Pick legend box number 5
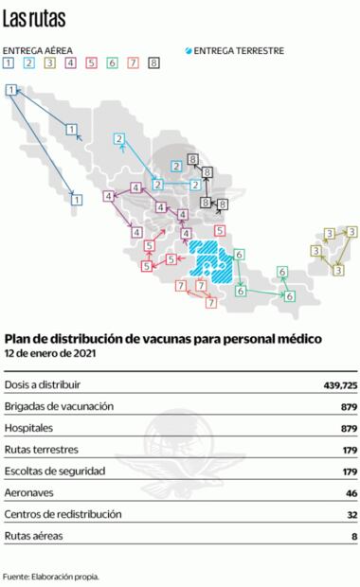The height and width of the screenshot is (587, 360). point(92,64)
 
